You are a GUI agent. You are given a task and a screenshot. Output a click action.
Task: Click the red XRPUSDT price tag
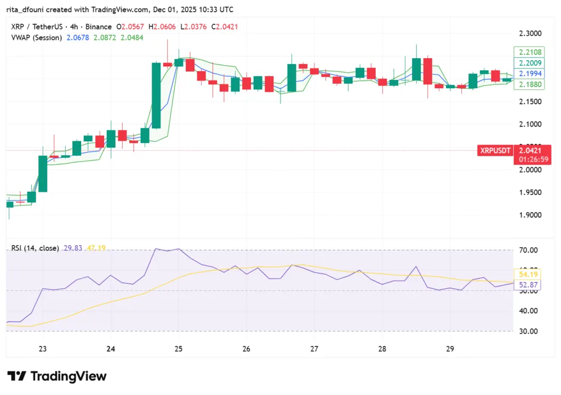[x=495, y=150]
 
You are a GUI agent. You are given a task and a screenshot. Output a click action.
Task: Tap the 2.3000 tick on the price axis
[x=529, y=33]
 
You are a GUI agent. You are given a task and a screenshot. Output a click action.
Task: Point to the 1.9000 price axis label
[x=529, y=215]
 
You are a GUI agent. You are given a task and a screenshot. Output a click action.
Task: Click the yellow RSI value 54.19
[x=528, y=273]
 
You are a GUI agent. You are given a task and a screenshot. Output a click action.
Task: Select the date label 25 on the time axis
[x=178, y=349]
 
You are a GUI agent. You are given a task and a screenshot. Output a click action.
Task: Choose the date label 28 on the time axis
[x=382, y=349]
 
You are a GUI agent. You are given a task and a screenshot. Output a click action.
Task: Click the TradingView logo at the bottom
[x=57, y=376]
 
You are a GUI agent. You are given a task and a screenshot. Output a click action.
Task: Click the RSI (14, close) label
[x=35, y=248]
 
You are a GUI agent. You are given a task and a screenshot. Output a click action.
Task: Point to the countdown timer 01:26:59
[x=528, y=159]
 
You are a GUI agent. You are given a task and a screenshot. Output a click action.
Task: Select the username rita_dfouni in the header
[x=26, y=10]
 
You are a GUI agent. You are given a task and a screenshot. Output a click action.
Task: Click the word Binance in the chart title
[x=97, y=27]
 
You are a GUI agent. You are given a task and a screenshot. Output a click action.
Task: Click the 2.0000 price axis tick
[x=529, y=170]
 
